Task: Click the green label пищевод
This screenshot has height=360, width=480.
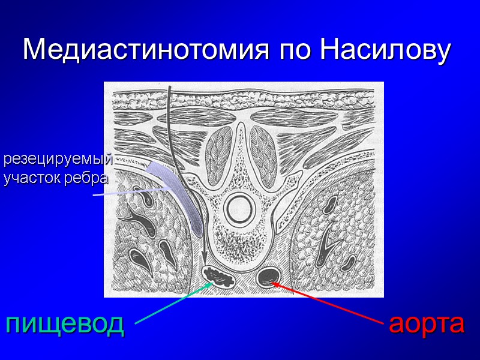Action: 65,323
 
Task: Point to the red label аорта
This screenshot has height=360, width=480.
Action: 427,323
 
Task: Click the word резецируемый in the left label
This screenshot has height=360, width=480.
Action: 58,160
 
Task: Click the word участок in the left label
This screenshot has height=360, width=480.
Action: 38,178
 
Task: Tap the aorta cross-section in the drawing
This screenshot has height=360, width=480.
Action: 267,277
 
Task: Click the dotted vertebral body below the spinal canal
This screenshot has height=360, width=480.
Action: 240,243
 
